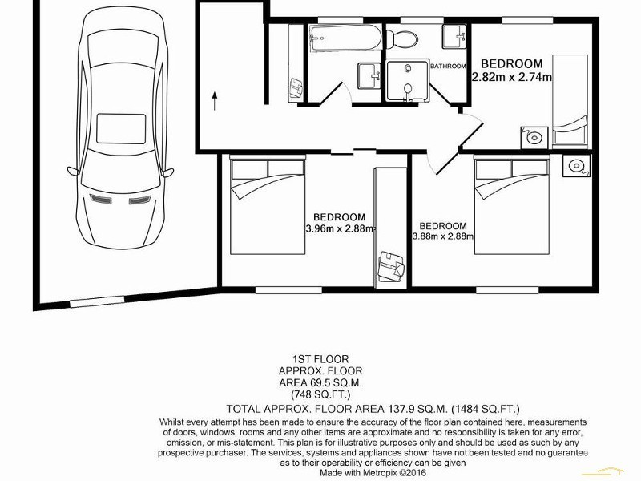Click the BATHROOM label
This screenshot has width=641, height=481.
tap(448, 67)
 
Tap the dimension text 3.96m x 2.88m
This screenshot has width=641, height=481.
tap(340, 228)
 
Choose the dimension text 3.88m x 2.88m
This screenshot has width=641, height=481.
tap(443, 236)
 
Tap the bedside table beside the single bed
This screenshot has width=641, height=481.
tap(533, 137)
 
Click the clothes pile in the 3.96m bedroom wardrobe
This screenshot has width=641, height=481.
tap(390, 265)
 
